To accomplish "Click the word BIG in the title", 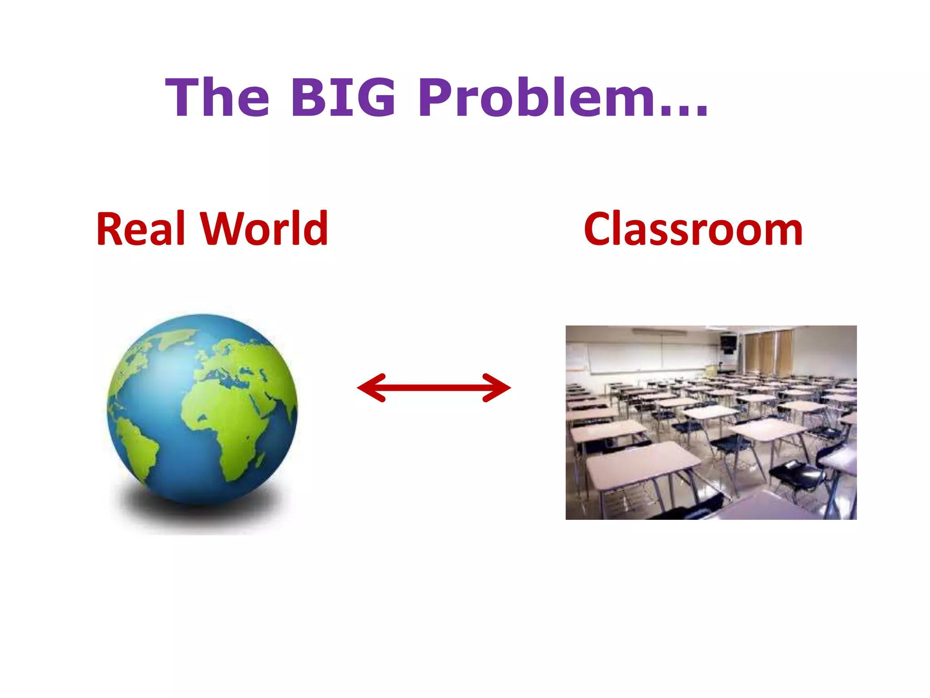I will click(x=343, y=97).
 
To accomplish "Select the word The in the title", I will click(x=218, y=97).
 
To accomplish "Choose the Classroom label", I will click(x=693, y=229).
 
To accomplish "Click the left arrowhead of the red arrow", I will click(x=370, y=388).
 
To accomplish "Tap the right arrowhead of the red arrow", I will click(x=498, y=388).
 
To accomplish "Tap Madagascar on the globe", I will click(x=260, y=459).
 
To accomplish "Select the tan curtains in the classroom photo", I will click(x=767, y=352).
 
